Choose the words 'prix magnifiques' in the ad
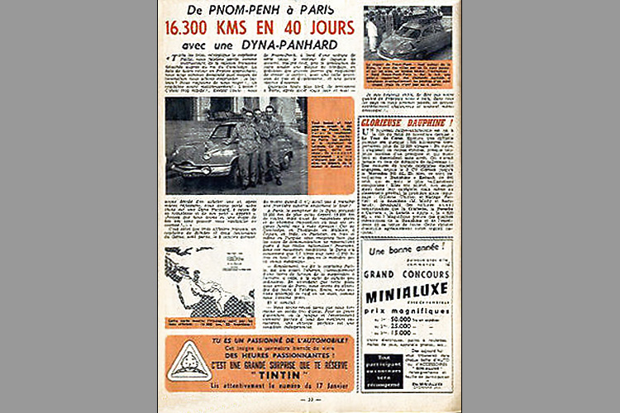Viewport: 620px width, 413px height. [407, 307]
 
